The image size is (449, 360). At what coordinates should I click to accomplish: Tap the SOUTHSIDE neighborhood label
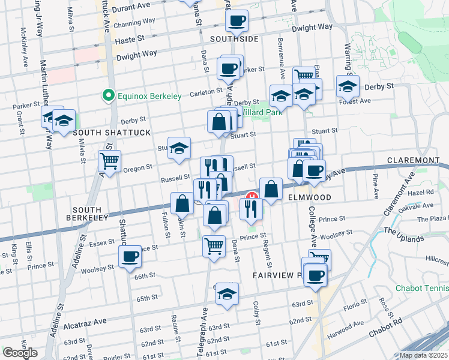pos(235,39)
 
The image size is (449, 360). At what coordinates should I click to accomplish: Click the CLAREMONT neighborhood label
pos(414,160)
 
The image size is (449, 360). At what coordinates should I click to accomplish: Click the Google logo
pos(20,353)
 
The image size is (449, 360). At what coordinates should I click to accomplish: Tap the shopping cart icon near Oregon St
pos(110,160)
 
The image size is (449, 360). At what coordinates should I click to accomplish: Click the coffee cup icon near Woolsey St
pos(130,258)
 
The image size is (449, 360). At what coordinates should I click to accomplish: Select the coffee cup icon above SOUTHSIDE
pos(237,20)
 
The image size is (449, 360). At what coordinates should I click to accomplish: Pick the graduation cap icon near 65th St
pos(226,293)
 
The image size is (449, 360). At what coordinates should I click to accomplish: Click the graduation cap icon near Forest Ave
pos(348,86)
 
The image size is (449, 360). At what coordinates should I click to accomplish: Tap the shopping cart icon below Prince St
pos(214,245)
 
